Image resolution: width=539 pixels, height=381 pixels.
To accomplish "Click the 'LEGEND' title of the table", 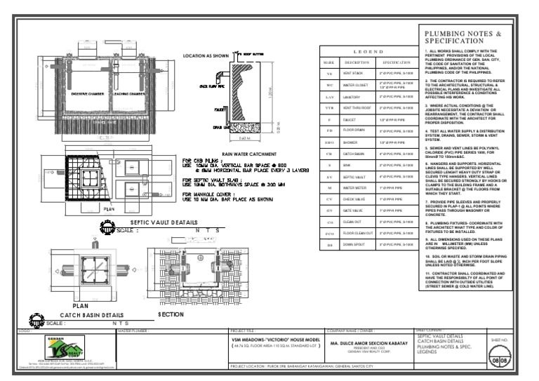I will tap(361, 52).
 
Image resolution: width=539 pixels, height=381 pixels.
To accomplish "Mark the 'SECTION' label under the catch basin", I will tap(171, 315).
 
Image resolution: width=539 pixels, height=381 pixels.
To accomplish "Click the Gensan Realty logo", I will tap(58, 349).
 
